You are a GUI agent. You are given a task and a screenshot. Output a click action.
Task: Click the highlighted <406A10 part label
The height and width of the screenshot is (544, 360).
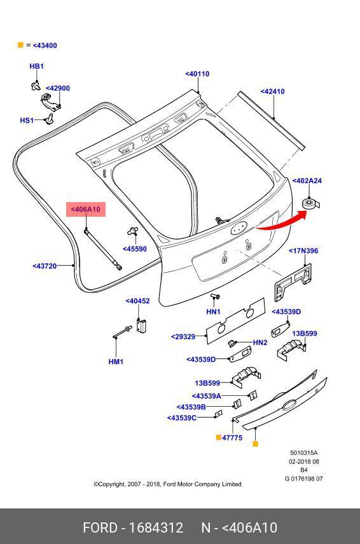[x=85, y=209]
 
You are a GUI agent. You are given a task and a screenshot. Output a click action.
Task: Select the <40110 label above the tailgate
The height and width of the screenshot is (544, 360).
[x=197, y=74]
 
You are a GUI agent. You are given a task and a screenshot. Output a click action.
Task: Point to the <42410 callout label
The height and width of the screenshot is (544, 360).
[x=272, y=92]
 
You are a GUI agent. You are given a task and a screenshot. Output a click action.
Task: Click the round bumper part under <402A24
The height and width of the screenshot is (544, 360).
[x=309, y=203]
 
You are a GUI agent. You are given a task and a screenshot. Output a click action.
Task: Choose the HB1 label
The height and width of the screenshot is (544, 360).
[x=36, y=66]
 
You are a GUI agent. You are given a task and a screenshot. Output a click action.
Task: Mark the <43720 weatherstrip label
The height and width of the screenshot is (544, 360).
[x=45, y=266]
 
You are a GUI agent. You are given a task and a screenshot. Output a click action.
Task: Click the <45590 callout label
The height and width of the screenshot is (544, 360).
[x=135, y=249]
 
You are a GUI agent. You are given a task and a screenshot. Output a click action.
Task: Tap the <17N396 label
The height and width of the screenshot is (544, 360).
[x=303, y=251]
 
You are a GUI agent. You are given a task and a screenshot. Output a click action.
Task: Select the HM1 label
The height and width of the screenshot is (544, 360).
[x=116, y=362]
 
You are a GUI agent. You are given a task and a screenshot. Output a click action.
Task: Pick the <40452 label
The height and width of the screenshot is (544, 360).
[x=137, y=301]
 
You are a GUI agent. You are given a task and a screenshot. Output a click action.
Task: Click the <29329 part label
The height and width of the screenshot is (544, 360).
[x=183, y=337]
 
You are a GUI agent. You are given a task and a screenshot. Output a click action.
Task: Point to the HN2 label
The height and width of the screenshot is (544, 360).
[x=260, y=343]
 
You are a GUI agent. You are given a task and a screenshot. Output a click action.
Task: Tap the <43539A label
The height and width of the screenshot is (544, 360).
[x=207, y=396]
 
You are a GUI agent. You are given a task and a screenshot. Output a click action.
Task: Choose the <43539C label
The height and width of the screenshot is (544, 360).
[x=182, y=418]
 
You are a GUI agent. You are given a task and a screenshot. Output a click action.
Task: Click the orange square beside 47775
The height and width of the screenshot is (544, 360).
[x=219, y=437]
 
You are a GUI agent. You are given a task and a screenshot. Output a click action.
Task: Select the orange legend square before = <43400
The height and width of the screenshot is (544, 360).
[x=20, y=44]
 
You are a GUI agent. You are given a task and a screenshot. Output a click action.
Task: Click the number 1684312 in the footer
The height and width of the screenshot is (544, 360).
[x=156, y=528]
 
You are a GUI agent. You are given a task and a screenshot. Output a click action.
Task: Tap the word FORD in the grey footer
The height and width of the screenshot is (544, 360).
[x=100, y=528]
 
